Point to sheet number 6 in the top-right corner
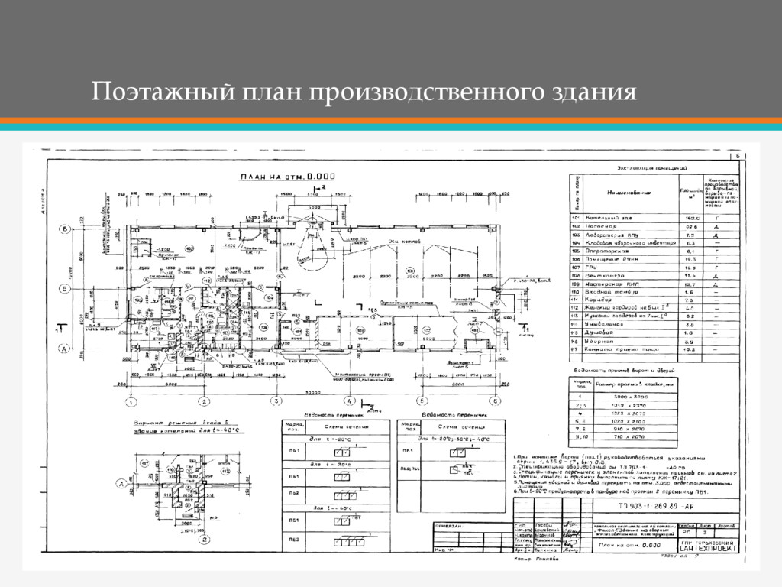click(738, 156)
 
